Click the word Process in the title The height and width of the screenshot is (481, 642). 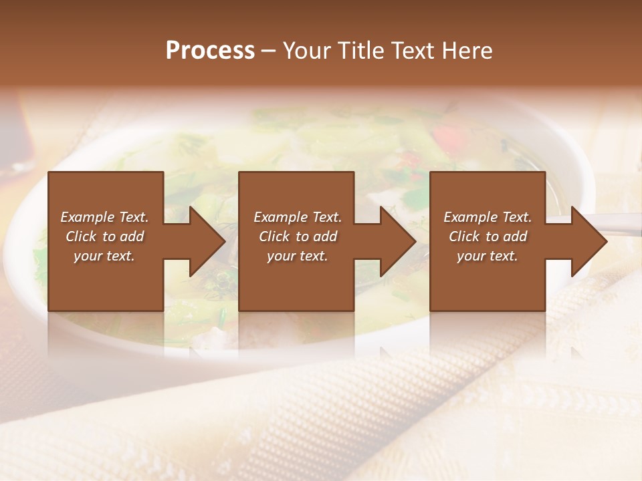click(x=210, y=51)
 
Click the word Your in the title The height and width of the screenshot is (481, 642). click(x=310, y=51)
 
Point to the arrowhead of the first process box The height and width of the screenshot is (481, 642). click(x=207, y=241)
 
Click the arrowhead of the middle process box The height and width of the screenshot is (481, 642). click(x=398, y=241)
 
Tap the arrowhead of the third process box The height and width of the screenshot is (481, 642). click(x=588, y=241)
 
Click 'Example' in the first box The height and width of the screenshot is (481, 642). click(x=88, y=217)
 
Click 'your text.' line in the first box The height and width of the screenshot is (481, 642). click(x=104, y=256)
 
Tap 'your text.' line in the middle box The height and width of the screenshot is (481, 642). click(x=298, y=256)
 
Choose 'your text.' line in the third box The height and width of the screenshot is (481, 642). click(x=488, y=256)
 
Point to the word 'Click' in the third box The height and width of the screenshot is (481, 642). click(x=465, y=236)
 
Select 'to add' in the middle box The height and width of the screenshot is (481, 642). click(x=317, y=236)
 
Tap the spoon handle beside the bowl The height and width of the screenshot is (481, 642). click(x=619, y=224)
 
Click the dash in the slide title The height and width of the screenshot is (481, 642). click(x=269, y=51)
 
